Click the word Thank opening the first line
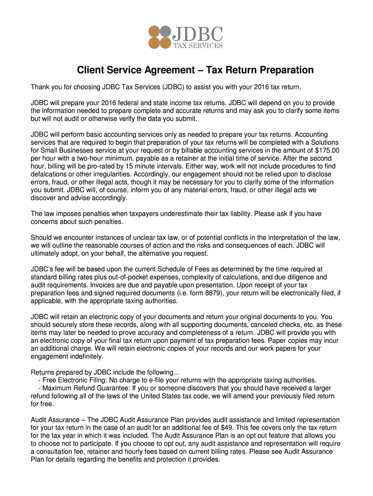tap(41, 87)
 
